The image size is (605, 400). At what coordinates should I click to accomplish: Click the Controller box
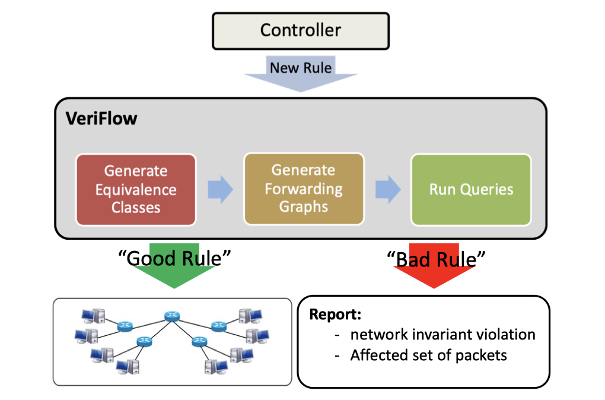[x=301, y=31]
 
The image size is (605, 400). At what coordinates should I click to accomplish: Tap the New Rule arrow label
[x=301, y=68]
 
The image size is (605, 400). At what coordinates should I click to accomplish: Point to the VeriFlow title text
[x=101, y=118]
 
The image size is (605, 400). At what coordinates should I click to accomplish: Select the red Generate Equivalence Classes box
[x=136, y=189]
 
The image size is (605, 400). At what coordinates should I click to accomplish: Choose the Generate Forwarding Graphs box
[x=304, y=189]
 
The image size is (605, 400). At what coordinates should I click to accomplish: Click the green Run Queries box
[x=471, y=189]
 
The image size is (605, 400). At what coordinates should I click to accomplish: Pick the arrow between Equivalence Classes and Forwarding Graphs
[x=220, y=189]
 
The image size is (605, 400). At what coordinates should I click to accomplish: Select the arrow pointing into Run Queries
[x=388, y=189]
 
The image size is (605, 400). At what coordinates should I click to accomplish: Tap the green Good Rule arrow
[x=174, y=266]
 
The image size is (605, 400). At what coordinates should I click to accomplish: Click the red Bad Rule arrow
[x=434, y=266]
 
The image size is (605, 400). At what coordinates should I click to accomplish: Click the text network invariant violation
[x=442, y=334]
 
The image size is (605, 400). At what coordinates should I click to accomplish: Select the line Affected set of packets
[x=428, y=355]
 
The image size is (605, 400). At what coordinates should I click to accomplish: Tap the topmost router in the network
[x=171, y=316]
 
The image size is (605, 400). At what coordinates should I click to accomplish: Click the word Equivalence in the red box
[x=136, y=189]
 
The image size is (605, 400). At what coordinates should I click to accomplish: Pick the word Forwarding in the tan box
[x=304, y=189]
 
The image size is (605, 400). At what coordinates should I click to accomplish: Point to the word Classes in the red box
[x=136, y=208]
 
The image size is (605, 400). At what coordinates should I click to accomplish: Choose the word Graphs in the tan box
[x=304, y=207]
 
